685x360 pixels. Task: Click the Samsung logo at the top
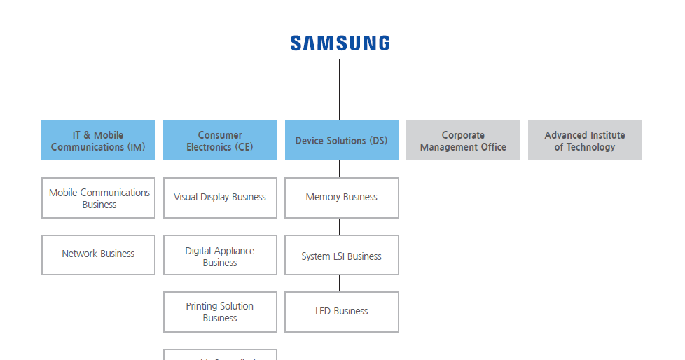click(340, 43)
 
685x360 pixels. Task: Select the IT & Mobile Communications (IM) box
click(98, 141)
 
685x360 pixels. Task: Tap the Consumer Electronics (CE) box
click(220, 141)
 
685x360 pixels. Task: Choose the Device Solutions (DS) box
click(341, 141)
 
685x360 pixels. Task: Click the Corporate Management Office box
click(463, 141)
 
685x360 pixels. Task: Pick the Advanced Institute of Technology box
click(585, 141)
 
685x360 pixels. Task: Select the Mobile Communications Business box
click(98, 198)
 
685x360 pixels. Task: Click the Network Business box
click(98, 254)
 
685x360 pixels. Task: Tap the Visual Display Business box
click(220, 198)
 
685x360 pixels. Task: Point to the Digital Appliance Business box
click(220, 256)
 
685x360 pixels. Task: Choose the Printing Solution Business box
click(220, 312)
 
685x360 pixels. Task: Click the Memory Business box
click(341, 198)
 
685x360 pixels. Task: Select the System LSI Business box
click(341, 256)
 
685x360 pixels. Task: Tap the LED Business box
click(341, 312)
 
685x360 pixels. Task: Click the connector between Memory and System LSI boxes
click(340, 226)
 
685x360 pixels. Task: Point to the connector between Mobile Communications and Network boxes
click(97, 226)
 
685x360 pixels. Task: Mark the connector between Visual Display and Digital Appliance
click(221, 226)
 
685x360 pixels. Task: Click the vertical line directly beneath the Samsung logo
click(340, 70)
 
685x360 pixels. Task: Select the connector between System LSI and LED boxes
click(340, 283)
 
